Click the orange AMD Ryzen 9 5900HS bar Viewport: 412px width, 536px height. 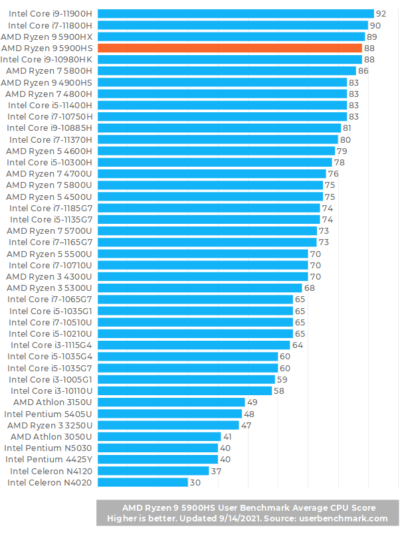(x=230, y=48)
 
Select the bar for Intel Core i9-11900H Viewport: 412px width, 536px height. (x=236, y=13)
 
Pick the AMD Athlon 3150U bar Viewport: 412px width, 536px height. (x=171, y=402)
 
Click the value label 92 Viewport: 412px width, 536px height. (x=381, y=13)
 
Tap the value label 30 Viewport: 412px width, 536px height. (x=195, y=482)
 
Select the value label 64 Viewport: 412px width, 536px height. (x=297, y=345)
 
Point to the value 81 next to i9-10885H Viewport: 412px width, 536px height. (x=348, y=128)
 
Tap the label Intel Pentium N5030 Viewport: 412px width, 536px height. (x=49, y=448)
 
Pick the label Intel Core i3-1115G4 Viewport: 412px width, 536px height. (x=51, y=345)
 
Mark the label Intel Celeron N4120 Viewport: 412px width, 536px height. (x=50, y=471)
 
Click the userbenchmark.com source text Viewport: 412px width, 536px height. (x=344, y=518)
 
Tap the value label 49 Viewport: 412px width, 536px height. (x=252, y=402)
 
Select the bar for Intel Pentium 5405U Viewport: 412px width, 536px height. (x=169, y=413)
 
